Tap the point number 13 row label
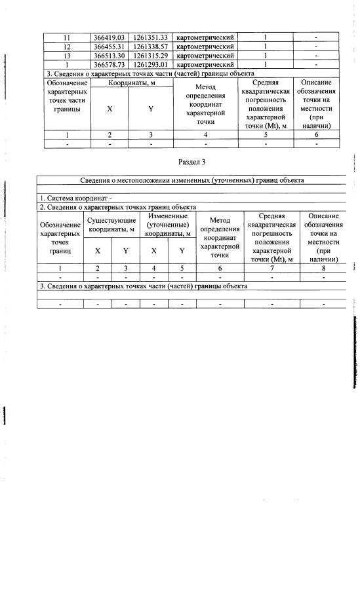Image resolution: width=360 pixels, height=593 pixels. [66, 56]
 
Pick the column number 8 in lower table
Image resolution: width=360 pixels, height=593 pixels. [323, 267]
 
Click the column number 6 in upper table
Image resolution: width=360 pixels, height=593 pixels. [316, 134]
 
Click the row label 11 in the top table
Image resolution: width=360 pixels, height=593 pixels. [66, 37]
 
